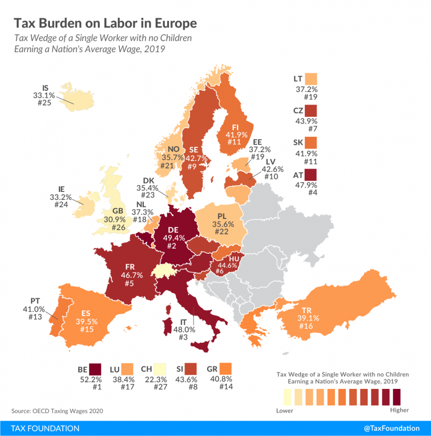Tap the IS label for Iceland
(45, 88)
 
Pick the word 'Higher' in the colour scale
(400, 410)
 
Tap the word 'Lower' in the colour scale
(285, 410)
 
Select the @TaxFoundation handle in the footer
(391, 428)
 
